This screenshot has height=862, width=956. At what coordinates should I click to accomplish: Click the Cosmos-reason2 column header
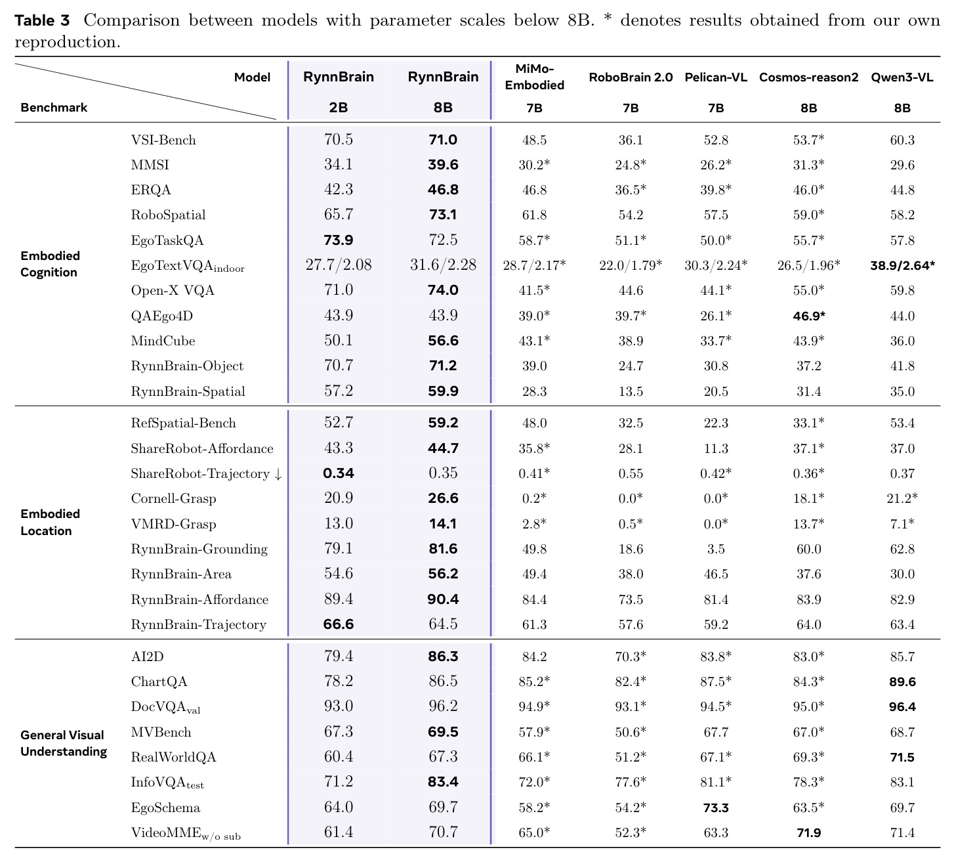pos(808,77)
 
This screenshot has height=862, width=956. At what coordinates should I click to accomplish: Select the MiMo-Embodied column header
pos(534,77)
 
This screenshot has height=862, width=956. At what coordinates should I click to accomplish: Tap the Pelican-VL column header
pos(716,77)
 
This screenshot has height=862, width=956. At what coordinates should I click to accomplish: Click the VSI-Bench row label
pos(163,140)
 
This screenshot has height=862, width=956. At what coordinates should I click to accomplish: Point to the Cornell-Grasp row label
pos(173,498)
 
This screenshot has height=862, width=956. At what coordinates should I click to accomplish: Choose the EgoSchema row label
pos(165,808)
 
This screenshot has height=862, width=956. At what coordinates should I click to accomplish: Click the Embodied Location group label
pos(50,523)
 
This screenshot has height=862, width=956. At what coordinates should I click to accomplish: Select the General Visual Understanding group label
pos(64,743)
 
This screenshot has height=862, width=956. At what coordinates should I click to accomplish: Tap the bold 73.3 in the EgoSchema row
pos(716,808)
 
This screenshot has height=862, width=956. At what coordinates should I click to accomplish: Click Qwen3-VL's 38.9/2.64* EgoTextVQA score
pos(902,265)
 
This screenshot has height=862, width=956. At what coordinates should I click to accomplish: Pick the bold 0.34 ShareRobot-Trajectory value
pos(339,473)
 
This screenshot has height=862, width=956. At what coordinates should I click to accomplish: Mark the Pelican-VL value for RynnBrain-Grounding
pos(716,549)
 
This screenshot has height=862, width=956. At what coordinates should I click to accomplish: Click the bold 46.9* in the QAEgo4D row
pos(808,316)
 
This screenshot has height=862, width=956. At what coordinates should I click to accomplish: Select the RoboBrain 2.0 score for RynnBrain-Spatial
pos(631,391)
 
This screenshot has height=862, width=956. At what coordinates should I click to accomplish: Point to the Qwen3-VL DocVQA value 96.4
pos(902,706)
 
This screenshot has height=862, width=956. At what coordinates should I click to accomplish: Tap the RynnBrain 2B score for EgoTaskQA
pos(339,240)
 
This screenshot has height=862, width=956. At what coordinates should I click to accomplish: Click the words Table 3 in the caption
pos(42,20)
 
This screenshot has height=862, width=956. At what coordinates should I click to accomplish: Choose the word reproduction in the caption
pos(67,43)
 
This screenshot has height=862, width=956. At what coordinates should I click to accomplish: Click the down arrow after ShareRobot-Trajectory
pos(278,474)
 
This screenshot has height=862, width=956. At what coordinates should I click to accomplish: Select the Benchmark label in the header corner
pos(54,107)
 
